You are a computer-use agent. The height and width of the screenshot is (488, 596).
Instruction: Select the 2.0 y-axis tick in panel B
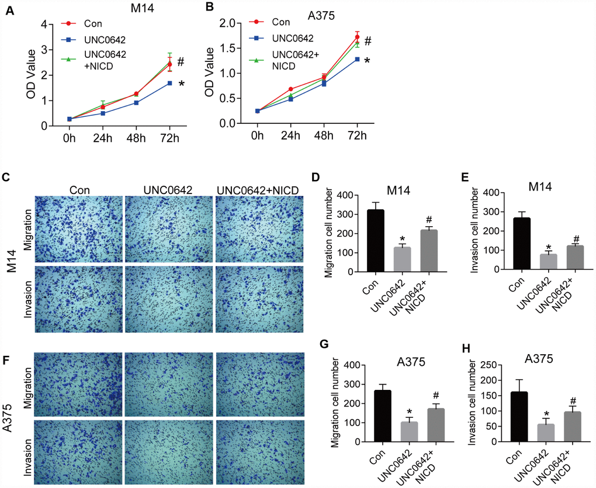[235, 23]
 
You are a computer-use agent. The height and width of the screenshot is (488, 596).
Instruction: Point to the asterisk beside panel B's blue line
[368, 60]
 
